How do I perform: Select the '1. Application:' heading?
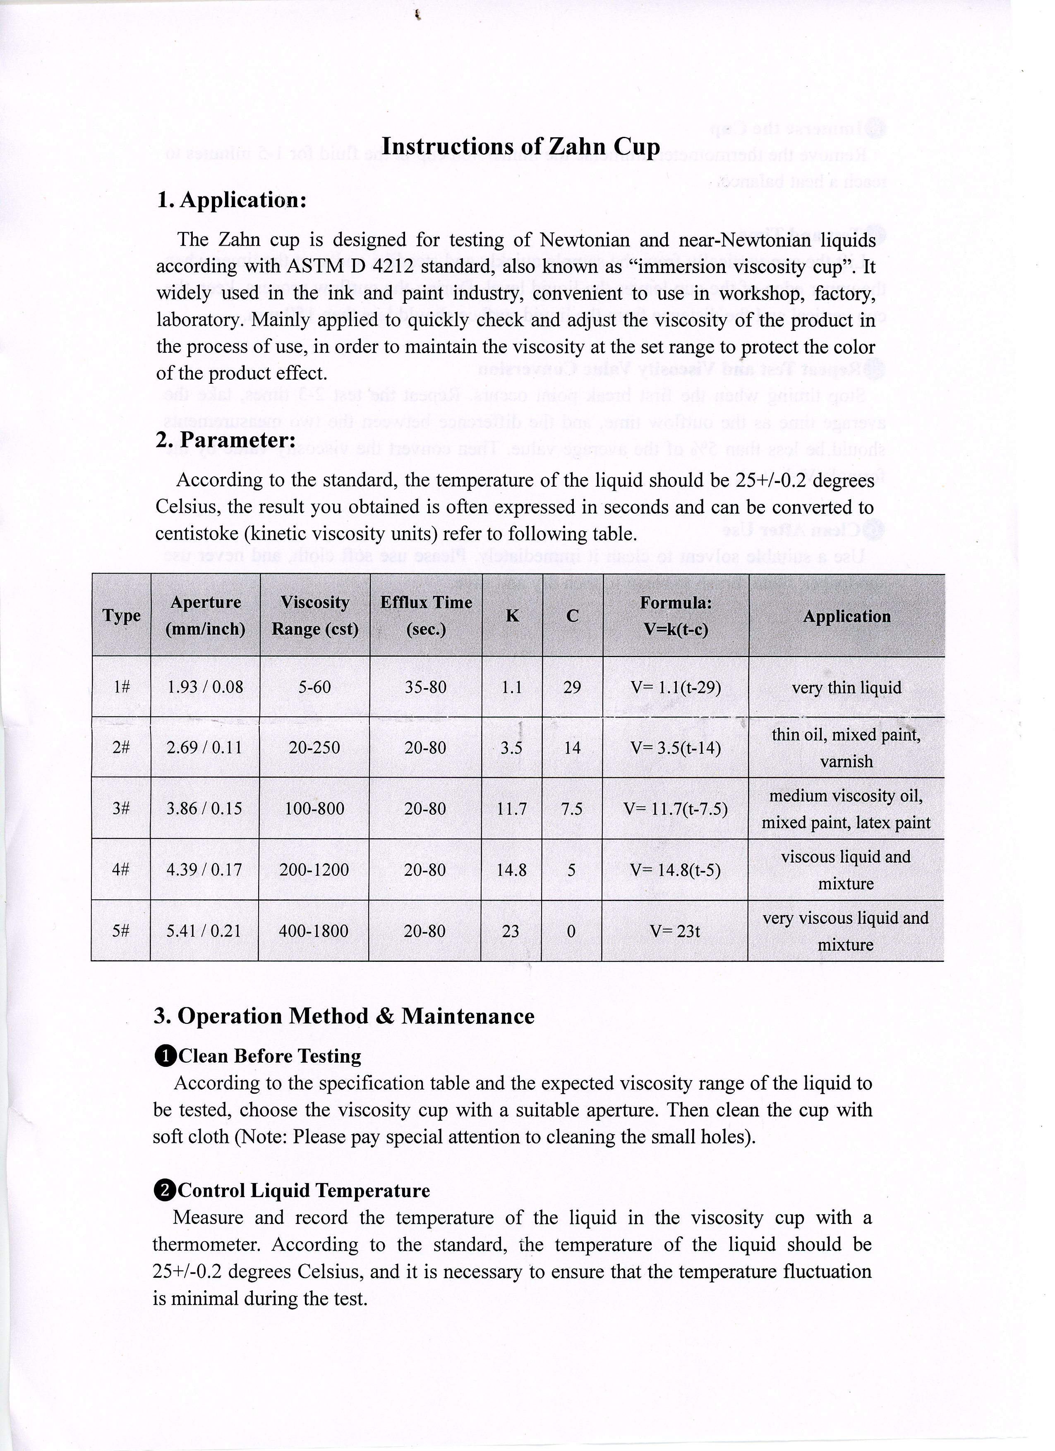click(x=231, y=200)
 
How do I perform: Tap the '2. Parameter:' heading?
click(x=225, y=440)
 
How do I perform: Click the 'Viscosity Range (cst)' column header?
click(x=315, y=615)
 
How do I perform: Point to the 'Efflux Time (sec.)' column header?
click(x=426, y=615)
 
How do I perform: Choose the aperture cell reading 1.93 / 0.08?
click(x=205, y=687)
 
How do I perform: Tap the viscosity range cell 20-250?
click(x=314, y=748)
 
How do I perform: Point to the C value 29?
click(x=572, y=687)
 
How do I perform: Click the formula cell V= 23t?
click(x=675, y=932)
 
